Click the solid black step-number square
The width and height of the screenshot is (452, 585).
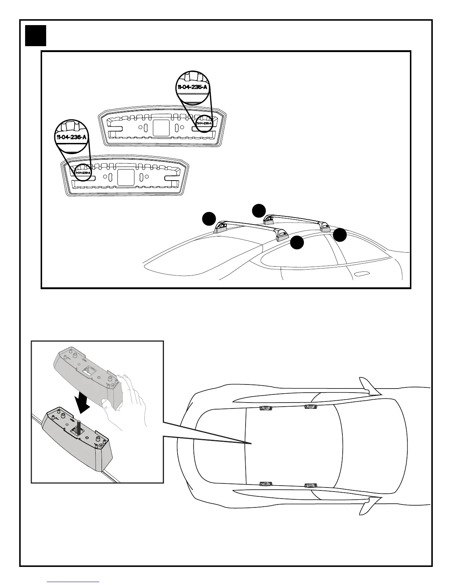35,35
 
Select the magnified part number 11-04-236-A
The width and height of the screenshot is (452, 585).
72,137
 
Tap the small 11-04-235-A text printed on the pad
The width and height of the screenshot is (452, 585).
204,123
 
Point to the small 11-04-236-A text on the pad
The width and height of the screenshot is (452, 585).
83,172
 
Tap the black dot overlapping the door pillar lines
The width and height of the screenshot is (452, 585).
340,235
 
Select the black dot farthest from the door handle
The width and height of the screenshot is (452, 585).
209,219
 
